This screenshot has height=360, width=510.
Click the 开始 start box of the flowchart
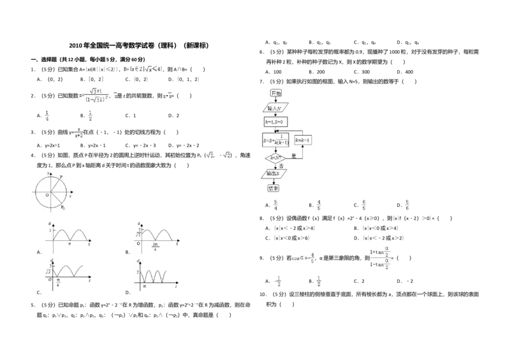click(276, 93)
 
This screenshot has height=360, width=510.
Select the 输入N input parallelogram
click(276, 108)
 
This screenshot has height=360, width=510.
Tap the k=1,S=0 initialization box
click(276, 121)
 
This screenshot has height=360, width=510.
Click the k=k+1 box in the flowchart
click(302, 140)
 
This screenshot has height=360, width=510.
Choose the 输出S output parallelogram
click(275, 173)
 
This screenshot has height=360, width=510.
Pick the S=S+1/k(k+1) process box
click(276, 140)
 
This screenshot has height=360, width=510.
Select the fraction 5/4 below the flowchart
click(275, 206)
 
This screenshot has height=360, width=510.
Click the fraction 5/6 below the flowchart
click(407, 206)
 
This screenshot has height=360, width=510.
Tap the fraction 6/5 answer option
click(363, 206)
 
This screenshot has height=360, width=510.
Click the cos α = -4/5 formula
click(303, 258)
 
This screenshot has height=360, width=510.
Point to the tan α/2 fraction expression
click(380, 257)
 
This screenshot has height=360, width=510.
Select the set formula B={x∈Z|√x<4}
click(143, 68)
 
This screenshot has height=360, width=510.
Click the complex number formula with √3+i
click(94, 96)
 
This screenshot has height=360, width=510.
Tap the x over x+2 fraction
click(79, 133)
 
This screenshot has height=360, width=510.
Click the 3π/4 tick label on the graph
click(155, 246)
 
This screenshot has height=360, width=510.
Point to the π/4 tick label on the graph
click(57, 280)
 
